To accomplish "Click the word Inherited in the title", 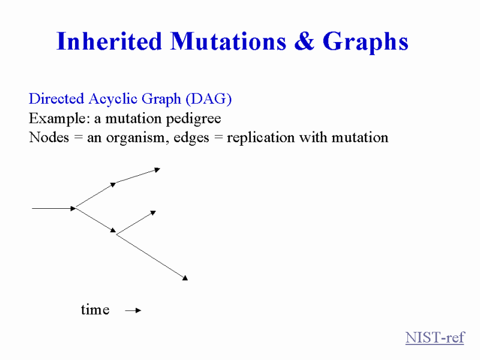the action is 109,41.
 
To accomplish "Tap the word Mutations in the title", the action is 229,41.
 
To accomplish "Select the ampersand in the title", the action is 304,41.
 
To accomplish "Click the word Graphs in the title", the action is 365,43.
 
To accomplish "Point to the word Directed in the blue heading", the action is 56,98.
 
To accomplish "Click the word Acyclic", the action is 113,99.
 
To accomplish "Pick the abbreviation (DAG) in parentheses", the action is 208,99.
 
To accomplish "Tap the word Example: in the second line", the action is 59,118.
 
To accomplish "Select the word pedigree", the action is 193,119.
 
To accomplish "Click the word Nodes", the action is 49,137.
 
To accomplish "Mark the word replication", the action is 260,138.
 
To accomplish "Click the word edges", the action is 191,138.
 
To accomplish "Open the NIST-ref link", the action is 435,337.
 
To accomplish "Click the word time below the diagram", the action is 95,310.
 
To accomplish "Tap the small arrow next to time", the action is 133,310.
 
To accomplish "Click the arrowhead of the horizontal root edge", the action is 73,208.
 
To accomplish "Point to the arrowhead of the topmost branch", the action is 157,170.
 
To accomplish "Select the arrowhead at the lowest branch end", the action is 185,278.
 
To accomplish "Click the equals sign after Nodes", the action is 79,137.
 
